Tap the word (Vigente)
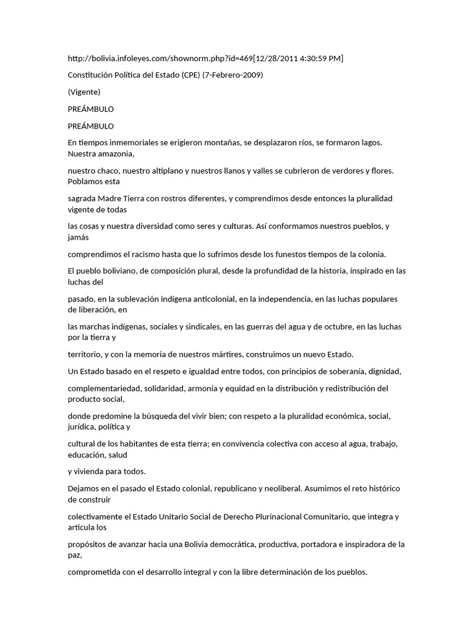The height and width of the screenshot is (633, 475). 83,92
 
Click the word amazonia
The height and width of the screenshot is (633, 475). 114,153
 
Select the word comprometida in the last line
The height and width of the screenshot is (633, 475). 93,572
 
